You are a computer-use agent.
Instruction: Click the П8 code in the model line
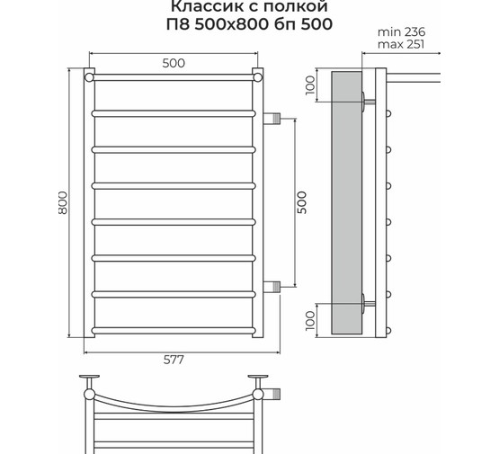(x=185, y=24)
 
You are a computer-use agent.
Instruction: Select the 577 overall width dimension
(x=174, y=360)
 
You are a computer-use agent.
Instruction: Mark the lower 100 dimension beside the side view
(x=310, y=319)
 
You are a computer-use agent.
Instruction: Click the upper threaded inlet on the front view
(x=275, y=117)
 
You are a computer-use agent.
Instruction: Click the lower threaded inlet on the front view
(x=275, y=287)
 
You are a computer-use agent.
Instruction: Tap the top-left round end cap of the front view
(x=90, y=78)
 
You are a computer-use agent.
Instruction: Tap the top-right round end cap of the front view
(x=258, y=78)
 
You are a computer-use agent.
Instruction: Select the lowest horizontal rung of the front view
(x=174, y=328)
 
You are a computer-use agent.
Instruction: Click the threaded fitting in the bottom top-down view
(x=275, y=393)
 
